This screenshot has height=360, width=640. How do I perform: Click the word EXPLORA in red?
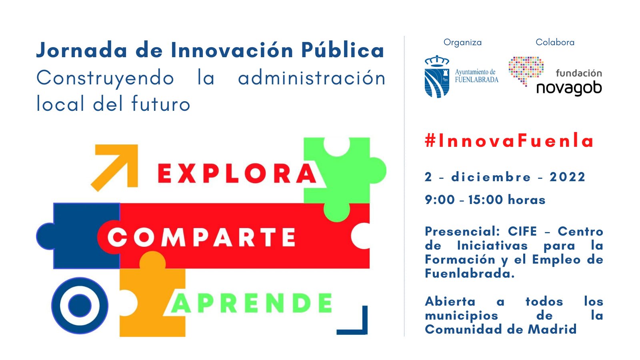[237, 174]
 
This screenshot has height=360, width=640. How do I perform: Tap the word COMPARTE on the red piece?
[202, 237]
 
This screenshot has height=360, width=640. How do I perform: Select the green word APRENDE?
[252, 303]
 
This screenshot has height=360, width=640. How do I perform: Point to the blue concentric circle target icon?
[80, 306]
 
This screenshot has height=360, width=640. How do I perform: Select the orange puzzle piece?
[152, 297]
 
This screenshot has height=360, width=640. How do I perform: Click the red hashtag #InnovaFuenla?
[509, 140]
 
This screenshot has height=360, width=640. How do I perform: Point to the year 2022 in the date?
[568, 177]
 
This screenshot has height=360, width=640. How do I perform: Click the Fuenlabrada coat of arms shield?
[437, 76]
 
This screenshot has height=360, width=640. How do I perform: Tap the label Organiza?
[462, 42]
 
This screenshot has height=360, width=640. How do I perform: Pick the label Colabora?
[555, 42]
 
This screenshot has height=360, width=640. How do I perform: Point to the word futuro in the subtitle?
[161, 104]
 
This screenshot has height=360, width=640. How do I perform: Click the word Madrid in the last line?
[552, 329]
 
